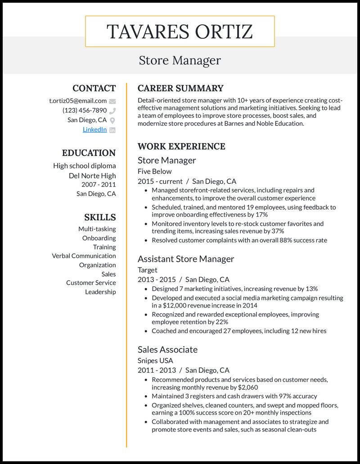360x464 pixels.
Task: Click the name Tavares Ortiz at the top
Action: [180, 31]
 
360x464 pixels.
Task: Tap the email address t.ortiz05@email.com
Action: [78, 101]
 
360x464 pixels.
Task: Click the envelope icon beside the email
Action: [112, 101]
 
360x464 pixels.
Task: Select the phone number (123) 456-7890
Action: [85, 110]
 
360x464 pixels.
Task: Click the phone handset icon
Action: [112, 111]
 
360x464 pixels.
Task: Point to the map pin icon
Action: [112, 120]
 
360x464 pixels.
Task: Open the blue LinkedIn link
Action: [94, 129]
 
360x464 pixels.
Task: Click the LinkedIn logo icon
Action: [112, 130]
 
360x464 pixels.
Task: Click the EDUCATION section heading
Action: [89, 153]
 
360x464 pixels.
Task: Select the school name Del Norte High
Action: [92, 175]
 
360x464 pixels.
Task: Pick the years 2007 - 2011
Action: [99, 184]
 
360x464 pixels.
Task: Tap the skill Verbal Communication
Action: [84, 256]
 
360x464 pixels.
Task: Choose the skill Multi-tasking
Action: [97, 229]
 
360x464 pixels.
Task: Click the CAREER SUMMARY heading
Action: [180, 88]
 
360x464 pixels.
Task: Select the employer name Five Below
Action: [155, 171]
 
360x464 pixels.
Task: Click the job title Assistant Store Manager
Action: [186, 259]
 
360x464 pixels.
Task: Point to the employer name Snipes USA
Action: [155, 360]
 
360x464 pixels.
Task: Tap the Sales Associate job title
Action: [167, 349]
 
